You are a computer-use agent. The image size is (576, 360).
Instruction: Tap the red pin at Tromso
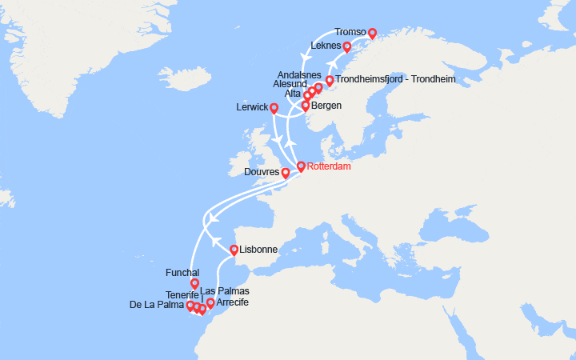tap(372, 34)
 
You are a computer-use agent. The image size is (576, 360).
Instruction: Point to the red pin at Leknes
tap(346, 47)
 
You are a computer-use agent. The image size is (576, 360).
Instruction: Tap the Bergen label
tap(328, 106)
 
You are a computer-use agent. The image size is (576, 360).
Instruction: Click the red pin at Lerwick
tap(274, 108)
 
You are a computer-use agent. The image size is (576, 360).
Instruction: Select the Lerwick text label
tap(253, 107)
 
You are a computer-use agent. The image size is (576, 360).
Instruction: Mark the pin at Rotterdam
tap(301, 167)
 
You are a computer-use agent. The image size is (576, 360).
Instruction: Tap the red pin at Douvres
tap(286, 173)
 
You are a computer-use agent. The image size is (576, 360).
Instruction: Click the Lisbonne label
tap(258, 250)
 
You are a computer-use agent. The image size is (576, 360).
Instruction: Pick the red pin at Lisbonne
tap(234, 250)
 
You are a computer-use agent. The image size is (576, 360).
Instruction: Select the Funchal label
tap(182, 273)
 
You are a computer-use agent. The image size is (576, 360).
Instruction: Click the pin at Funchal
tap(194, 284)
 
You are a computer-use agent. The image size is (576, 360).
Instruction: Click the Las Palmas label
tap(224, 290)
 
